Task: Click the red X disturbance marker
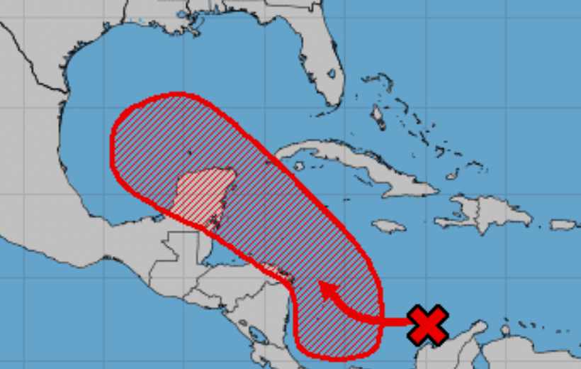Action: click(428, 324)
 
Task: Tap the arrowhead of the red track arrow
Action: click(325, 288)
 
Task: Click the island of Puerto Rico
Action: click(564, 225)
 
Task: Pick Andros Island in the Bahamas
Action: click(378, 114)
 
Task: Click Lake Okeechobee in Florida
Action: click(330, 73)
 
